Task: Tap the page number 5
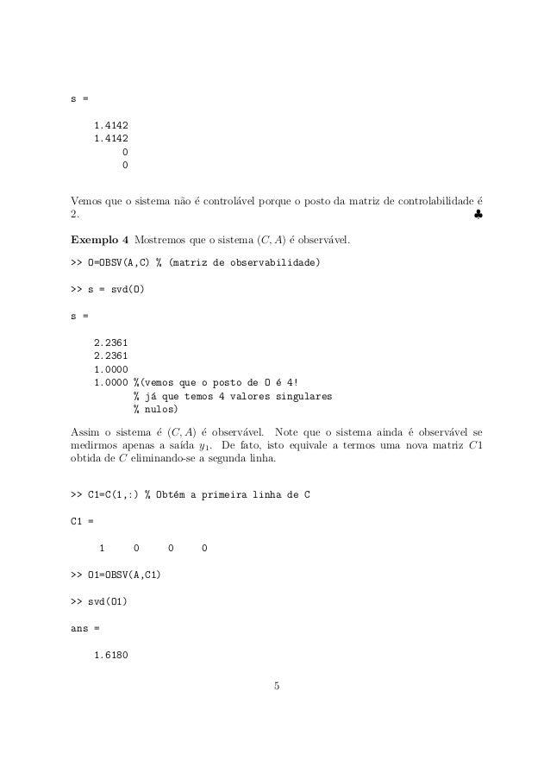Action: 276,687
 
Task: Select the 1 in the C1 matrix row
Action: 103,548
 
